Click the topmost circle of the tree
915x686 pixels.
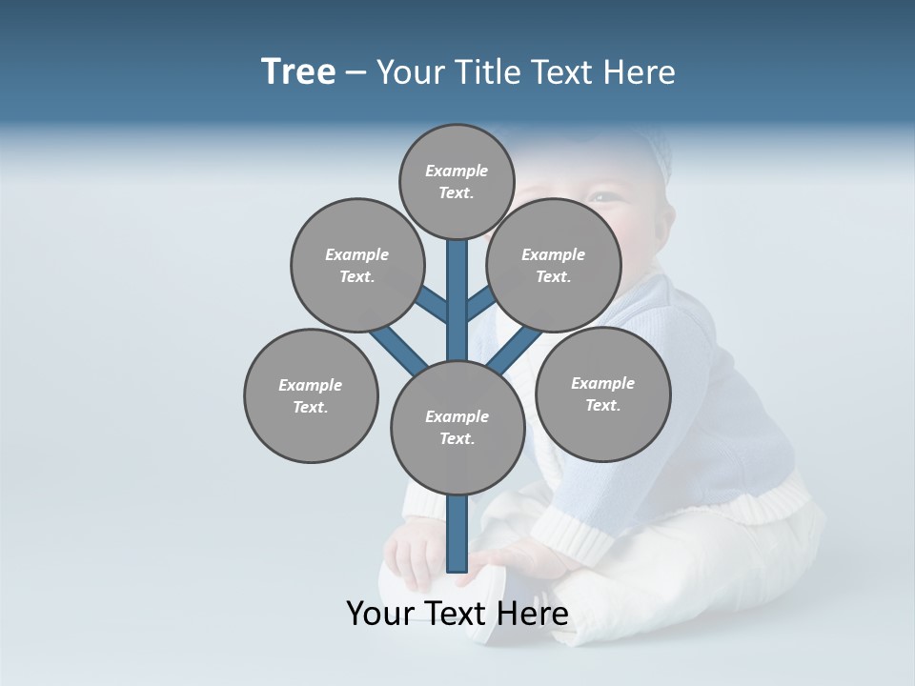tap(457, 182)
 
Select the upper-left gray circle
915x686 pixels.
tap(357, 265)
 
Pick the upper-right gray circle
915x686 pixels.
tap(554, 265)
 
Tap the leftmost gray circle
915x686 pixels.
tap(311, 395)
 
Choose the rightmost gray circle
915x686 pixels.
tap(603, 393)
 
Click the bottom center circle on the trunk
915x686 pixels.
tap(457, 428)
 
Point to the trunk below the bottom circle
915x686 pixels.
tap(457, 534)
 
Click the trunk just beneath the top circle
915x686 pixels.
tap(457, 286)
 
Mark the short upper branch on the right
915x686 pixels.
tap(480, 304)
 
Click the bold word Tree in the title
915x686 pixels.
tap(298, 71)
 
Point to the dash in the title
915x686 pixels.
tap(356, 72)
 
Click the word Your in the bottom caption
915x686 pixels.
tap(380, 613)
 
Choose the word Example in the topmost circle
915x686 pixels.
tap(457, 171)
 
